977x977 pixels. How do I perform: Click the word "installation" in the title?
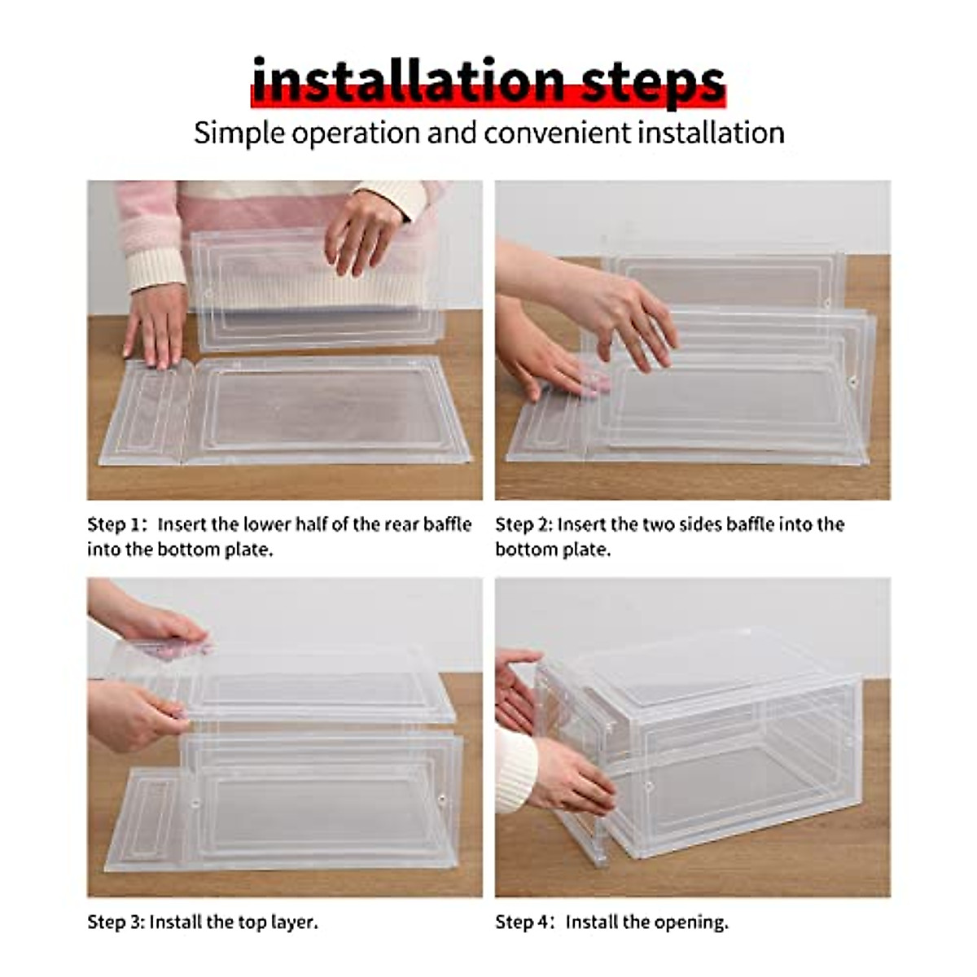click(407, 81)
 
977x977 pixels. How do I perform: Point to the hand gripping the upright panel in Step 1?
click(363, 230)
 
